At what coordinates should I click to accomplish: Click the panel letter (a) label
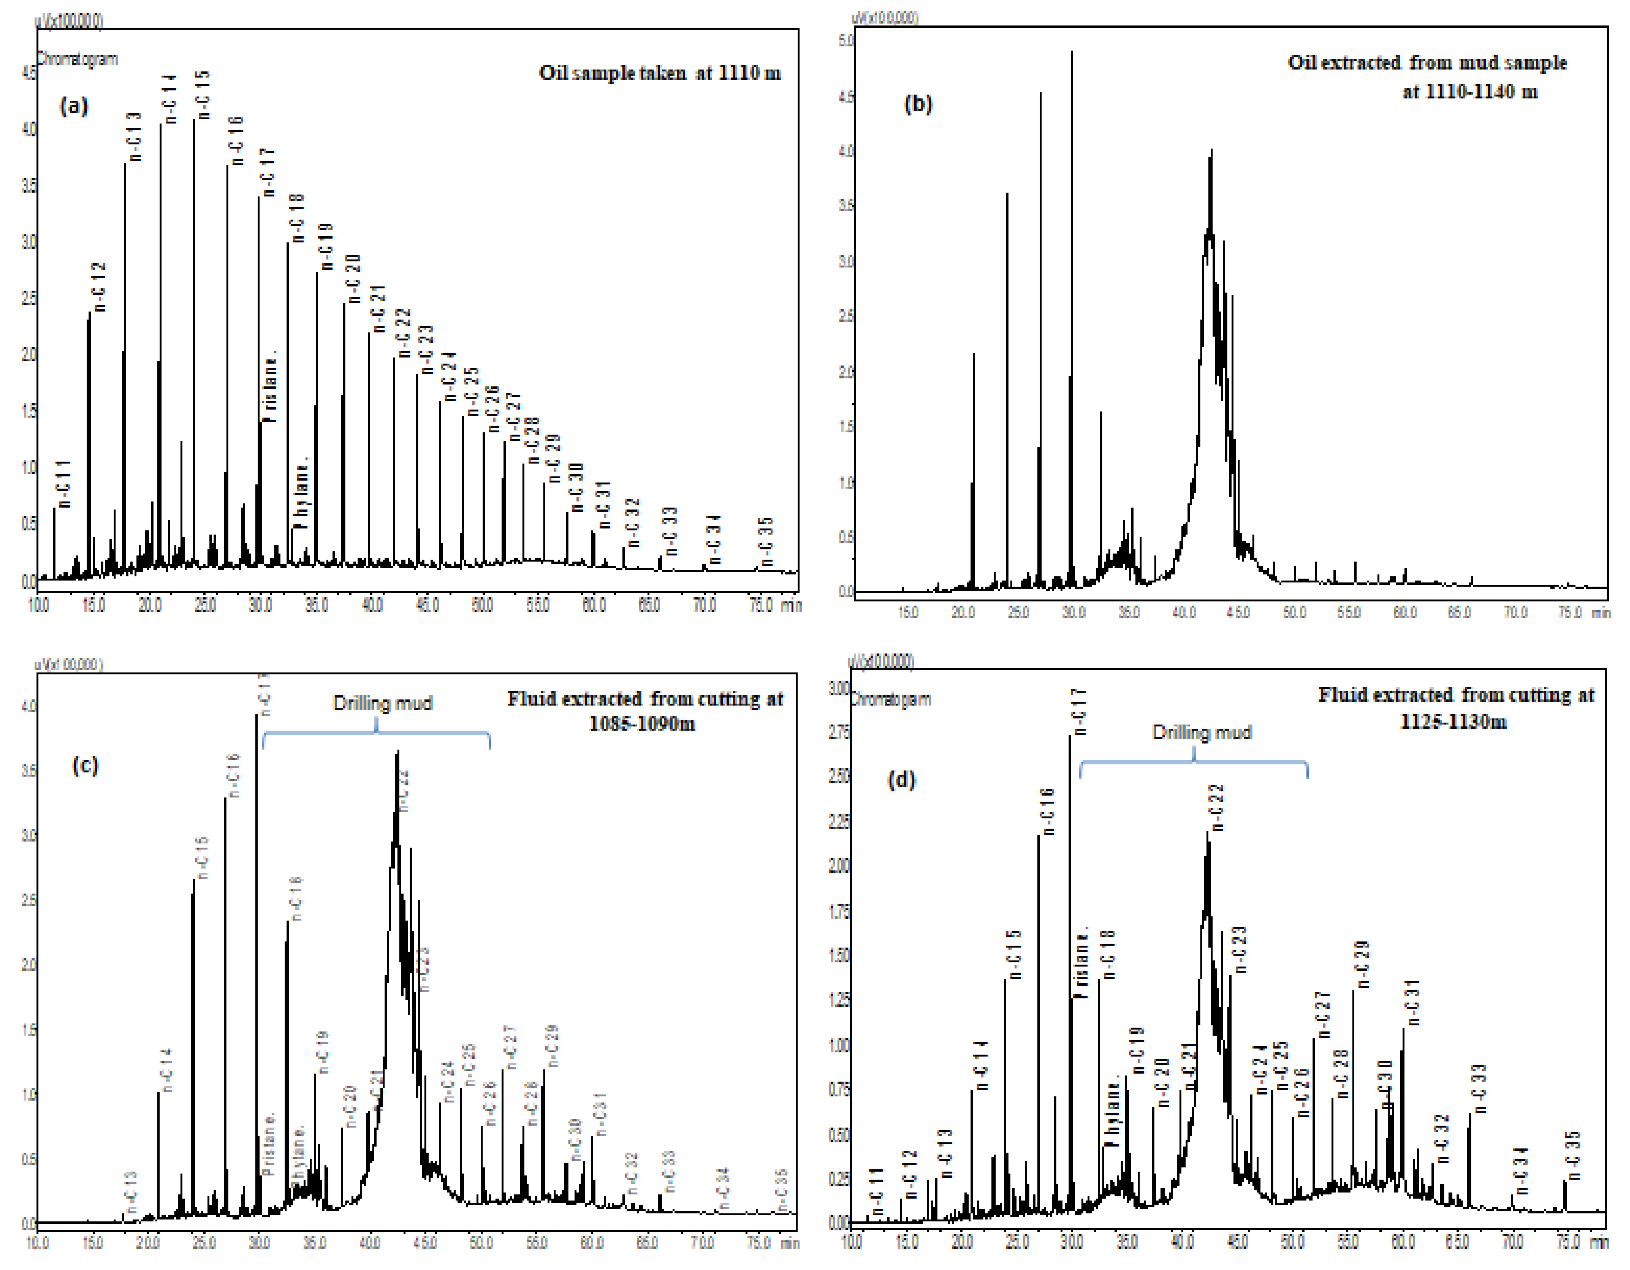point(74,106)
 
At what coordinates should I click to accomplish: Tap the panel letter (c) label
point(85,765)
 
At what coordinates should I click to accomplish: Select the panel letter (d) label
point(901,780)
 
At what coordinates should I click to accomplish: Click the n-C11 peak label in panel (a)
point(64,484)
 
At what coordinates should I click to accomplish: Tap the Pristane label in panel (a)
point(270,387)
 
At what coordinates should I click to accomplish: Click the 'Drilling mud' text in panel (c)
point(382,703)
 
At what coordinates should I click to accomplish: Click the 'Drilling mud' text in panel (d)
point(1201,733)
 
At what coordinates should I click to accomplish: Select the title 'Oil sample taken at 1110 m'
point(660,73)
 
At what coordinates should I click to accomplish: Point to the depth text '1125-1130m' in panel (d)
point(1453,721)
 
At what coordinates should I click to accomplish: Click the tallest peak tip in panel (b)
point(1072,52)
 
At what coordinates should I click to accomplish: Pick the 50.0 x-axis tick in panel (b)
point(1294,612)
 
